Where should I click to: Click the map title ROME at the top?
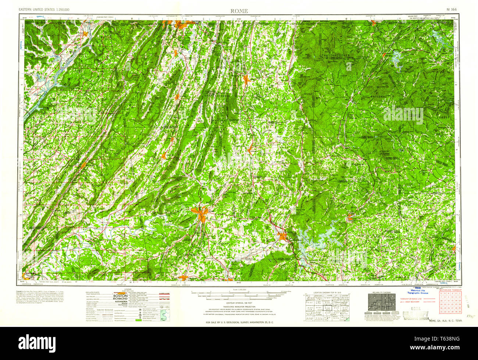239,11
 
